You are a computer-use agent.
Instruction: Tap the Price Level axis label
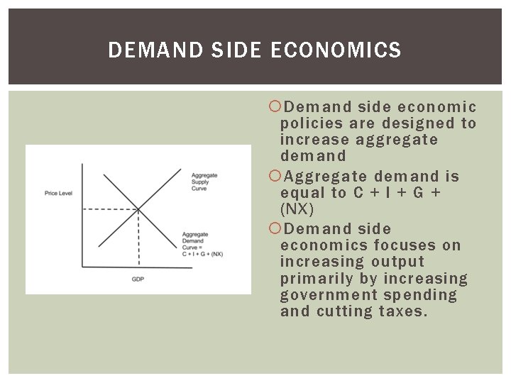click(59, 193)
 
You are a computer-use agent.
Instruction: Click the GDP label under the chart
click(138, 279)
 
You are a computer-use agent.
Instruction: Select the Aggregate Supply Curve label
click(204, 182)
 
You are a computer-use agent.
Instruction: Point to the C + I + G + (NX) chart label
click(202, 254)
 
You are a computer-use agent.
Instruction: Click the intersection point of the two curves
click(138, 209)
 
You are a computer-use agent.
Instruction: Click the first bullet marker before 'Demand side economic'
click(275, 107)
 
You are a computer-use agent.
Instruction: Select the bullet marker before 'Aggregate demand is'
click(275, 177)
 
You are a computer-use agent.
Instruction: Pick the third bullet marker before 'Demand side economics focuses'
click(275, 229)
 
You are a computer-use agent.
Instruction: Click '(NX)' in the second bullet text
click(297, 210)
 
